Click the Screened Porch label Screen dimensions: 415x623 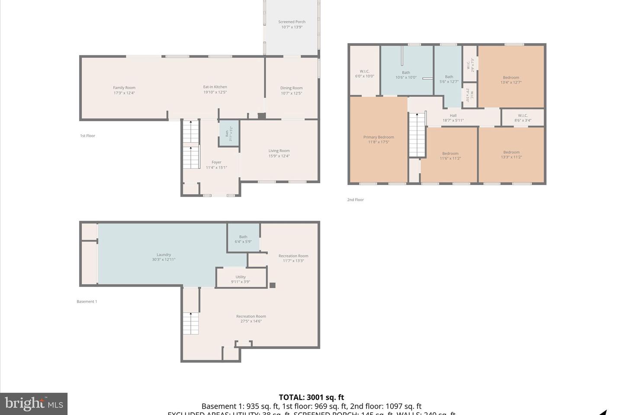click(x=292, y=24)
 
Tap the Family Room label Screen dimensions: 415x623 click(x=124, y=90)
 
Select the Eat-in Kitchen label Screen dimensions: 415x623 click(x=215, y=89)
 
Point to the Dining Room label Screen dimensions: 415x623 click(x=291, y=90)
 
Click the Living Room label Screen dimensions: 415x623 click(x=279, y=153)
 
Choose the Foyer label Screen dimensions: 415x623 click(x=216, y=165)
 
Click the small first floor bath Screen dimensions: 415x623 click(x=229, y=134)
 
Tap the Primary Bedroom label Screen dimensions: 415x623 click(x=379, y=139)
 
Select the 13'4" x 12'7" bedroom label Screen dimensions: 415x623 click(x=511, y=80)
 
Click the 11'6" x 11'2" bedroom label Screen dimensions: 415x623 click(x=450, y=156)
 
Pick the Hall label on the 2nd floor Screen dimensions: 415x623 click(x=453, y=118)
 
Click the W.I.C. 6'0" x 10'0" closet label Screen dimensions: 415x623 click(x=364, y=73)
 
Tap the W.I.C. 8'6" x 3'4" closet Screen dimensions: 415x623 click(x=523, y=118)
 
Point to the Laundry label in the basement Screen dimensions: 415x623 click(x=164, y=257)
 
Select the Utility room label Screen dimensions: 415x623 click(x=241, y=279)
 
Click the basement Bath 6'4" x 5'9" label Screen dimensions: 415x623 click(x=243, y=239)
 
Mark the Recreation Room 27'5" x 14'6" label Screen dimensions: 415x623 click(x=251, y=319)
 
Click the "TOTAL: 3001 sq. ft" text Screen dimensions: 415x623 click(x=311, y=397)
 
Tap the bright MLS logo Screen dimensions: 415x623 click(x=34, y=404)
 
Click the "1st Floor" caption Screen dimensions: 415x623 click(x=87, y=136)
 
